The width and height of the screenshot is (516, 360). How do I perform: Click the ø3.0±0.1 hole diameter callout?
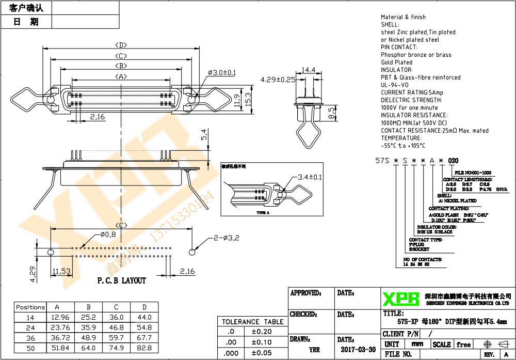point(222,73)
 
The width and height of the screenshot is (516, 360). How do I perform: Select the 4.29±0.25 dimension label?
point(278,80)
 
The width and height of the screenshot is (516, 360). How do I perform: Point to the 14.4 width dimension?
point(309,70)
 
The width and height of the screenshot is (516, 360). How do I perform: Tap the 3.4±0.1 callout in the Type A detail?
point(309,177)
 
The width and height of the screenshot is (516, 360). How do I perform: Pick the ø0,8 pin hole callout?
point(108,235)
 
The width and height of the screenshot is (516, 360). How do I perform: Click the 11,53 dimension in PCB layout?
point(61,271)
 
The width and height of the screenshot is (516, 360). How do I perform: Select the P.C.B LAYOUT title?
point(122,280)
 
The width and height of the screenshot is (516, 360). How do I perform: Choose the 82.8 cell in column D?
point(144,348)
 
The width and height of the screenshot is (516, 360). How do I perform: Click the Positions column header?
point(30,307)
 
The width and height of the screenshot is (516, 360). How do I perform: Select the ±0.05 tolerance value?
point(261,353)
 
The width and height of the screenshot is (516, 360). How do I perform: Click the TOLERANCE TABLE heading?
point(252,321)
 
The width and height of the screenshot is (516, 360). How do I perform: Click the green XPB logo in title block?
point(400,299)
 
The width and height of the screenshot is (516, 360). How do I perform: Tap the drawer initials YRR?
point(314,350)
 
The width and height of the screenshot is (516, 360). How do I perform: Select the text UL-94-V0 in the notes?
point(395,85)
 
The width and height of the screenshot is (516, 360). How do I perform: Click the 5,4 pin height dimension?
point(204,135)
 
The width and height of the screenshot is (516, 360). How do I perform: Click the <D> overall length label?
point(121,45)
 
